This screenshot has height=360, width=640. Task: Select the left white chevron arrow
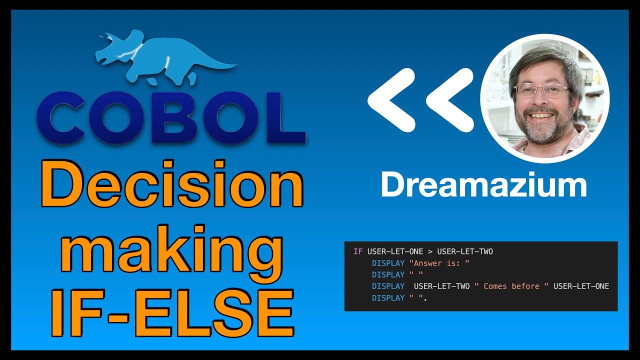pos(392,100)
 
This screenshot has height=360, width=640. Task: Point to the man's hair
pos(545,60)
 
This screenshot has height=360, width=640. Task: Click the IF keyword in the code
pos(357,251)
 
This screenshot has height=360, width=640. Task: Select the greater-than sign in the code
pos(430,251)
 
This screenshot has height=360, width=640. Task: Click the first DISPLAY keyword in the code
pos(388,263)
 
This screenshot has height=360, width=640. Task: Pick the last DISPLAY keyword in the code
pos(388,297)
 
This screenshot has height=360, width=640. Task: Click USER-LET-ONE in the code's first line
pos(395,251)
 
